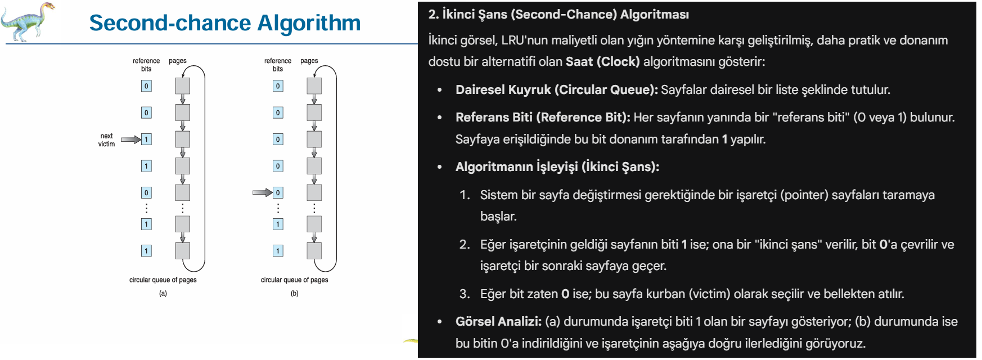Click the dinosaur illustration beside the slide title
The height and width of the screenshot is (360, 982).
point(28,21)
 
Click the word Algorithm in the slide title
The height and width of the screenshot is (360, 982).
point(309,24)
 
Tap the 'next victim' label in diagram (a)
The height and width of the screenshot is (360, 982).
point(106,140)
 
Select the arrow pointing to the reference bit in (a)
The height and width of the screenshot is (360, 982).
point(130,139)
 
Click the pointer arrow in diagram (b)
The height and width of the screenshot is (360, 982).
point(262,192)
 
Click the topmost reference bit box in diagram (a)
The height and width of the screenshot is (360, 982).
point(146,86)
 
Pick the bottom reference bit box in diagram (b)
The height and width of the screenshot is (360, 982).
point(278,251)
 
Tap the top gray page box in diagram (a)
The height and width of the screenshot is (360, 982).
point(183,86)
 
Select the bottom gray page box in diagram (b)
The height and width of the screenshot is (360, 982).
point(314,251)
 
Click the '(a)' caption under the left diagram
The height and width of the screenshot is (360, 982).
point(163,294)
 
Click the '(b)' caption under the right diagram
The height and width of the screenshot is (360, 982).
point(295,294)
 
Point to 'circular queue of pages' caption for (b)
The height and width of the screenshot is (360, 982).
point(295,280)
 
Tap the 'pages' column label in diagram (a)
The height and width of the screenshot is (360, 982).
point(178,61)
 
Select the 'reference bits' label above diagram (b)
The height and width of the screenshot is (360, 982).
point(278,65)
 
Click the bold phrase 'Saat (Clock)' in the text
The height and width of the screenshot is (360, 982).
point(603,62)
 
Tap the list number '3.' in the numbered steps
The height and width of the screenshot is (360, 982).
point(465,294)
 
